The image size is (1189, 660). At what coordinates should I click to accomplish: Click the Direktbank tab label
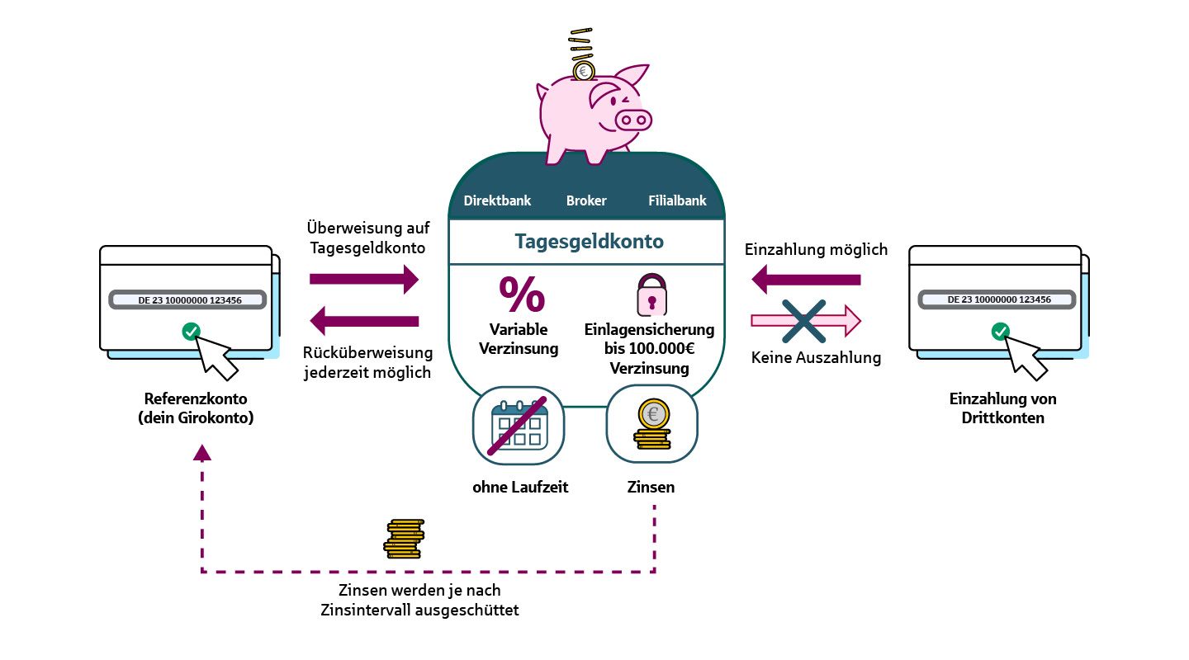(x=497, y=200)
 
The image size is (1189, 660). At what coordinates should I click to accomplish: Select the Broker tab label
(x=586, y=200)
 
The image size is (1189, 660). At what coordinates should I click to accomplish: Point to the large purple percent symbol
(x=522, y=294)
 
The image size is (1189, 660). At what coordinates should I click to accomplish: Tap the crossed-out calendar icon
(x=519, y=427)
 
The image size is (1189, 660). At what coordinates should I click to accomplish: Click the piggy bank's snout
(x=633, y=120)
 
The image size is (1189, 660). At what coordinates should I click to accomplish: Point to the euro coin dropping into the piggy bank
(x=583, y=71)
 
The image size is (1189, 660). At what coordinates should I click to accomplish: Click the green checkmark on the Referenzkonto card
(x=191, y=332)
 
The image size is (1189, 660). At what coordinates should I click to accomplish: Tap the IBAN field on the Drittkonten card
(x=997, y=300)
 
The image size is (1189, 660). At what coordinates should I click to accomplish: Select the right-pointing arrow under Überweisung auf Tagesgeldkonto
(x=364, y=280)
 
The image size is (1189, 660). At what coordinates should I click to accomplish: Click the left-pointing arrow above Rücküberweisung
(x=364, y=320)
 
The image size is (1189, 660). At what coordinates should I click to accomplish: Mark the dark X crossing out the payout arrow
(x=805, y=321)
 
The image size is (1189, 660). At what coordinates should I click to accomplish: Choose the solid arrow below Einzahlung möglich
(x=806, y=280)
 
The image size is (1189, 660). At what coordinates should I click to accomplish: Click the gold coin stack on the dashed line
(x=404, y=538)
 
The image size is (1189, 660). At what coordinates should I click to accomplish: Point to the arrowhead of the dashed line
(x=202, y=452)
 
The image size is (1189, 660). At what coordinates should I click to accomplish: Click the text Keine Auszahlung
(x=816, y=358)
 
